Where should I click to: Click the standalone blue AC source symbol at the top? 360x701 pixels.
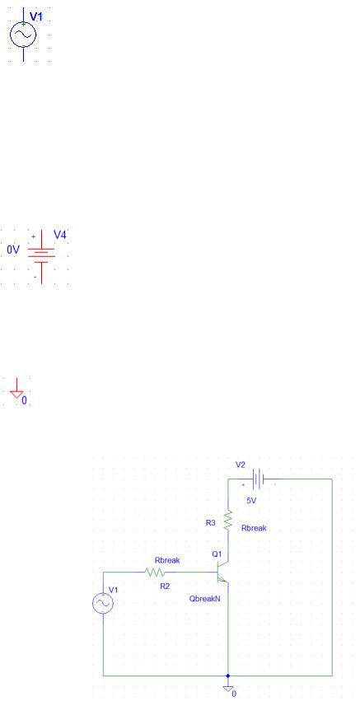(23, 35)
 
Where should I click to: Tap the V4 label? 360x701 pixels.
(60, 235)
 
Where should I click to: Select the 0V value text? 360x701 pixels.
(13, 250)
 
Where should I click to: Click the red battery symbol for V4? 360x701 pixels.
(41, 257)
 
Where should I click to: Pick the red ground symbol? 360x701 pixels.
(16, 389)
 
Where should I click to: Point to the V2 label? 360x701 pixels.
(241, 465)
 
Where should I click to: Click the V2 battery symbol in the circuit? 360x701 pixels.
(258, 479)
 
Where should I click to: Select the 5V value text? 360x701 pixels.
(251, 501)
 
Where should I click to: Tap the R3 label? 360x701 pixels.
(211, 522)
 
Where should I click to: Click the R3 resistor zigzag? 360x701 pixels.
(228, 521)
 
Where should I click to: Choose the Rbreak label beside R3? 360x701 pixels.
(254, 528)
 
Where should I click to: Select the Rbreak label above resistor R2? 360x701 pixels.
(167, 560)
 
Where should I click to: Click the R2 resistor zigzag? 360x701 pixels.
(155, 572)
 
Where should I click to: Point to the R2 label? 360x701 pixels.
(165, 587)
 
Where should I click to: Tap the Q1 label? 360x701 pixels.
(217, 554)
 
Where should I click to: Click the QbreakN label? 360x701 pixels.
(205, 599)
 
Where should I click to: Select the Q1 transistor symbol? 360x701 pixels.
(222, 572)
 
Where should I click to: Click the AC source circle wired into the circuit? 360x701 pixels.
(103, 604)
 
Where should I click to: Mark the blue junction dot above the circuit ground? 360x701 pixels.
(228, 675)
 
